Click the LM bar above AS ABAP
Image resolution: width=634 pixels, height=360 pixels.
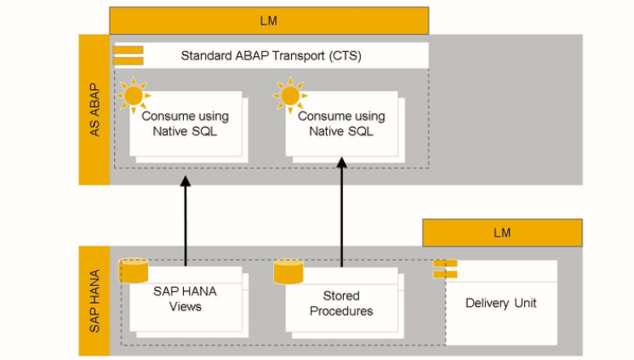pos(268,20)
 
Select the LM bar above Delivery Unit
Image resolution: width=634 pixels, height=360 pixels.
pos(502,232)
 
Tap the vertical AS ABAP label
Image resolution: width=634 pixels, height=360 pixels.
pos(94,110)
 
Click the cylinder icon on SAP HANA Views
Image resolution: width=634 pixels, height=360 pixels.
pos(134,271)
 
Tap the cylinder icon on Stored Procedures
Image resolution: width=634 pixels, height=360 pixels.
pos(288,271)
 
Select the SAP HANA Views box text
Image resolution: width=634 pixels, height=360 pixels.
pos(185,299)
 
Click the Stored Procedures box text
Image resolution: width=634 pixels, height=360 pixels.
pos(341,303)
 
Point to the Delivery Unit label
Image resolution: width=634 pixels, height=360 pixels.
pos(501,303)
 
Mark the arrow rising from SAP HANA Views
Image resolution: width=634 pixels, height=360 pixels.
pos(185,221)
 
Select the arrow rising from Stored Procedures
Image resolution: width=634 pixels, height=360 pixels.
pos(341,213)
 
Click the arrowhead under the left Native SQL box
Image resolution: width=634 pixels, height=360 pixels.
pos(185,180)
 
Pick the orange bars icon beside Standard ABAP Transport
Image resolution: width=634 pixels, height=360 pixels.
pos(129,55)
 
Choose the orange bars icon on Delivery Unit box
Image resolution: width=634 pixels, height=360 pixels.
pos(445,269)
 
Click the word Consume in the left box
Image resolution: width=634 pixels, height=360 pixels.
pos(163,117)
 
